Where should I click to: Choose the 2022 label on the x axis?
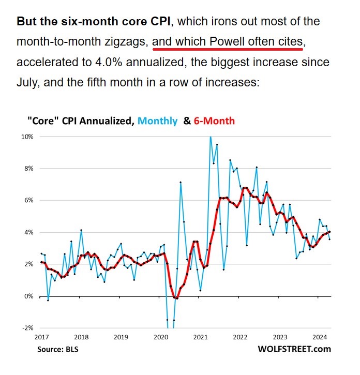pos(240,337)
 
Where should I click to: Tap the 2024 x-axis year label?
pos(319,337)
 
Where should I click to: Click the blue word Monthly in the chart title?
pos(156,121)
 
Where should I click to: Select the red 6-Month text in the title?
pos(214,121)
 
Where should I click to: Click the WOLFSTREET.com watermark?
pos(294,349)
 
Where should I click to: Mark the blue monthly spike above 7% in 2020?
pos(181,182)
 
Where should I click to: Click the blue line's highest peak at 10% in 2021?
pos(211,137)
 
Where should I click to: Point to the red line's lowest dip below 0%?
pos(176,298)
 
